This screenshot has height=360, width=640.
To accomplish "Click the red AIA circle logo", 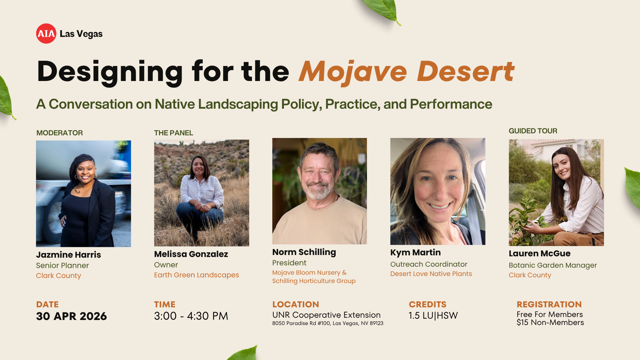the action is pos(46,34).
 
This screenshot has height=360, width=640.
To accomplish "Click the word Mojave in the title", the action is pos(353,72).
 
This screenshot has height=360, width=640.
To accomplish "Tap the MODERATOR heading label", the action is pos(60,133).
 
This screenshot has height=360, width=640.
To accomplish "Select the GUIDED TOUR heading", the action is pos(533,131).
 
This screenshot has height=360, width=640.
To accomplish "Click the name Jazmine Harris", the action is pos(68,255).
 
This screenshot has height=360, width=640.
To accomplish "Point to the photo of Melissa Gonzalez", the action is pos(202,193).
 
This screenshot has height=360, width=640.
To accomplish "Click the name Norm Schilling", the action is pos(304,252).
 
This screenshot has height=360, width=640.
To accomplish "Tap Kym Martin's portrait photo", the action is pos(438,192).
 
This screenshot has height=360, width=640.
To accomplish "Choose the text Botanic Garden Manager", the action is pos(553,265).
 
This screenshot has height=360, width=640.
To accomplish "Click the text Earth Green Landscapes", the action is pos(196,275).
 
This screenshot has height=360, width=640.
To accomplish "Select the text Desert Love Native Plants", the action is pos(431,274).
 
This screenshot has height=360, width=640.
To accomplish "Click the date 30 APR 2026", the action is pos(71,316).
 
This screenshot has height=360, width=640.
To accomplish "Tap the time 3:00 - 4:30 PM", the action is pos(191,316).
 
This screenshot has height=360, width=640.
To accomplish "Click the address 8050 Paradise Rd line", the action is pos(328,323).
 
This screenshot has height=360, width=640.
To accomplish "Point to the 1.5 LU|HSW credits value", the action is pos(433,315).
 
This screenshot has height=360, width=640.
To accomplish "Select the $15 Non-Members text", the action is pos(550,323).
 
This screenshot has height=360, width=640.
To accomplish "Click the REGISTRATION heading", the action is pos(549,304).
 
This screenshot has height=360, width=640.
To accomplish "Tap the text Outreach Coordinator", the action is pos(429,264).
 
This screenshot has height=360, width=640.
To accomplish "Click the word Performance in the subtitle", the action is pos(451,104).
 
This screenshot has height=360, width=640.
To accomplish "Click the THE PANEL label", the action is pos(173,133).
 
